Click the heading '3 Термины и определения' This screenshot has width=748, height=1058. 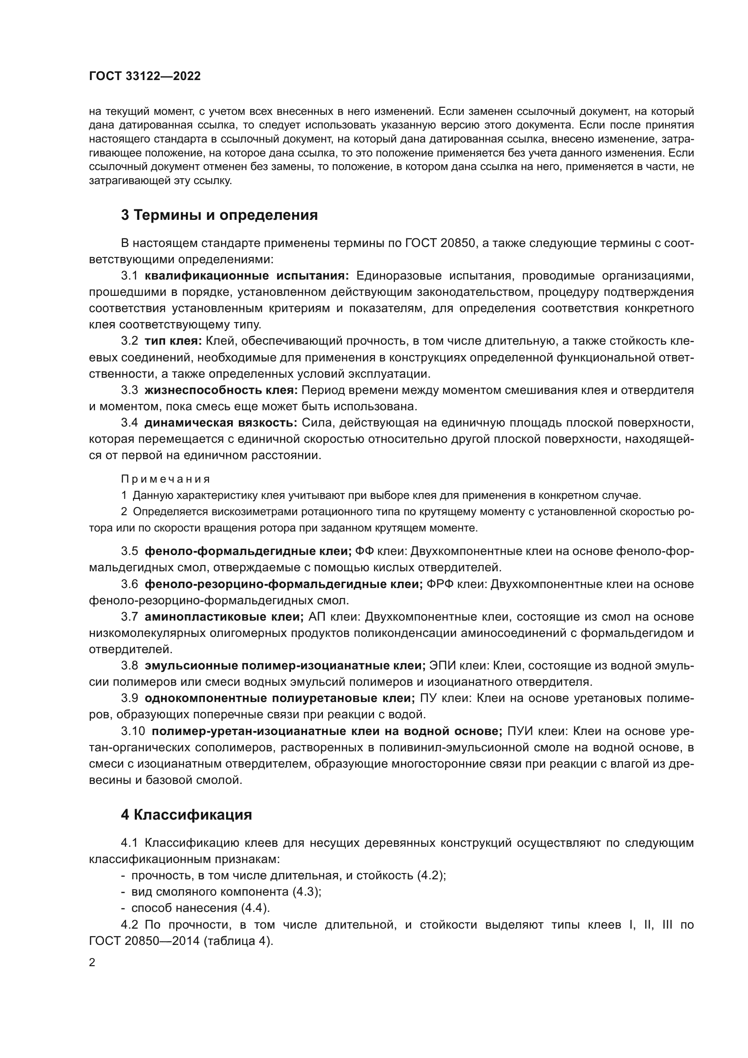click(219, 215)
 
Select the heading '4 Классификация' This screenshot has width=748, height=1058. click(186, 815)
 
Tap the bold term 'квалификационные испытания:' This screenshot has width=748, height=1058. click(247, 276)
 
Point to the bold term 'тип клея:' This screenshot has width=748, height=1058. click(173, 341)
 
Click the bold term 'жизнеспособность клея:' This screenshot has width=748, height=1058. click(221, 390)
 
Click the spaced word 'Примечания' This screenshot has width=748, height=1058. click(166, 479)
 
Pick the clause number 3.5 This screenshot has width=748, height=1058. click(129, 551)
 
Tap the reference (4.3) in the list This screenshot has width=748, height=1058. click(306, 892)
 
